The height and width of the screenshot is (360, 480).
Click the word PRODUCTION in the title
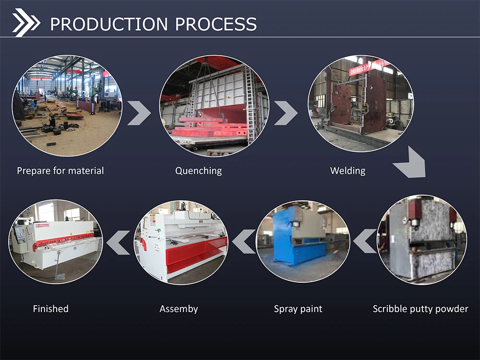pos(109,24)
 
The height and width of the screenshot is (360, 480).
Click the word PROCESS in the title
pos(216,24)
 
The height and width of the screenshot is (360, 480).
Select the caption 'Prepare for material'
pos(60,170)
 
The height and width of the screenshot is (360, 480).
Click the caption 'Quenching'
pos(198,170)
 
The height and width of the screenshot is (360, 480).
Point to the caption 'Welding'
pos(348,170)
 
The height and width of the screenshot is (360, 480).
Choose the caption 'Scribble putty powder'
pos(420,309)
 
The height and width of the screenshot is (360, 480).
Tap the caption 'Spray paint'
pos(298,309)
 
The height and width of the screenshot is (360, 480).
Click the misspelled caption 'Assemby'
pos(179,309)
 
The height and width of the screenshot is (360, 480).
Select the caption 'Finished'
pos(50,309)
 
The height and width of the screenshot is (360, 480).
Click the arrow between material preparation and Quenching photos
pos(139,113)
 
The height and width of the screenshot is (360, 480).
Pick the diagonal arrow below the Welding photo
pos(410,163)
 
